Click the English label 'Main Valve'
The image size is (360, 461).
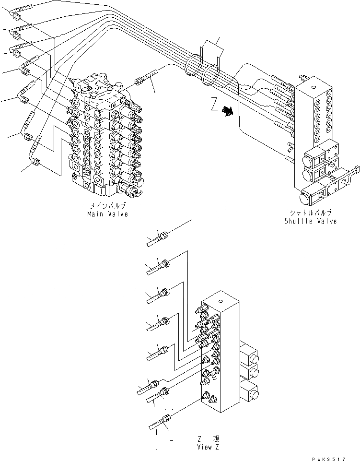tap(107, 214)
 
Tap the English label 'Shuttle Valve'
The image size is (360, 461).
tap(311, 221)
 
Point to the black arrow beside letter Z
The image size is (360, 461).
tap(228, 112)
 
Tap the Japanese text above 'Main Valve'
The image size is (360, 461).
tap(108, 206)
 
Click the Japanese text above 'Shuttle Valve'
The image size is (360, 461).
tap(311, 213)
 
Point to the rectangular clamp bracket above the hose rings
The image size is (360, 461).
tap(210, 50)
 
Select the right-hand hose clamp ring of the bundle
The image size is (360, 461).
tap(211, 77)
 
